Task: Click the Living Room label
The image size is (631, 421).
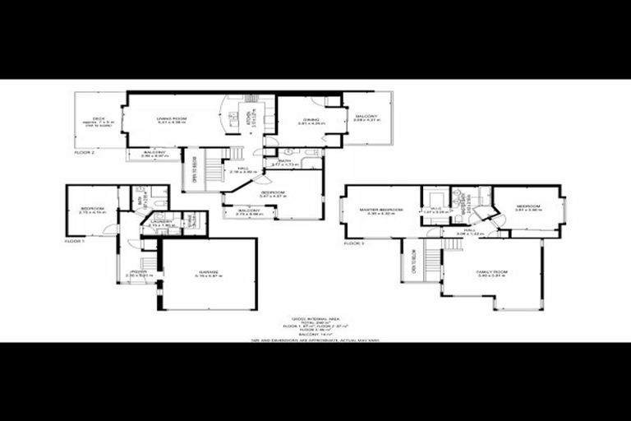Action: pos(173,119)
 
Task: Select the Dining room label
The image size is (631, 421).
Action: pos(310,120)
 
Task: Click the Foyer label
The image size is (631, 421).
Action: pos(137,271)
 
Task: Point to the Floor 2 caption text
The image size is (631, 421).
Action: pos(85,153)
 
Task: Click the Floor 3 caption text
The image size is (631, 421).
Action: pos(353,244)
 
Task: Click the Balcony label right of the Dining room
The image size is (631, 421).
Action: pos(366,117)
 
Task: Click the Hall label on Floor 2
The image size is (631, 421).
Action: pos(243,169)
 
